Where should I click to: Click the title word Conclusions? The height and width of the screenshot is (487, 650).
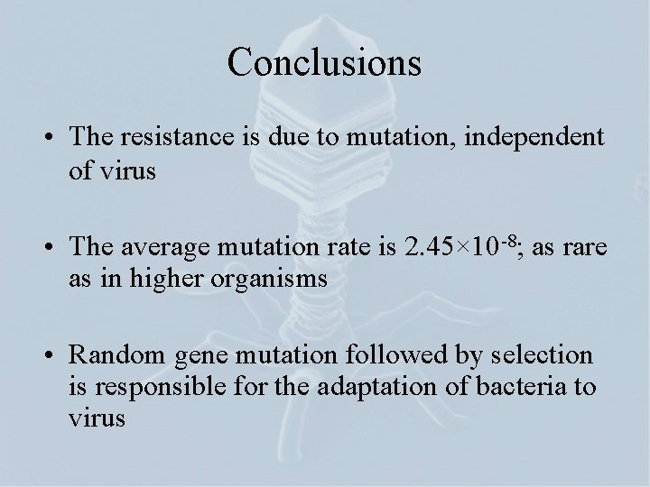[324, 61]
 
